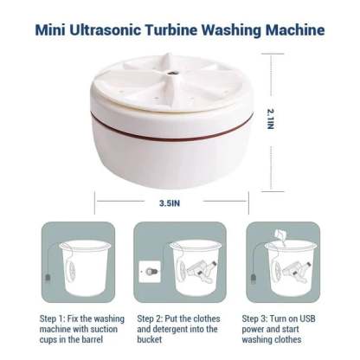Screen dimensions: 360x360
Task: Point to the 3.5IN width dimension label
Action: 170,203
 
